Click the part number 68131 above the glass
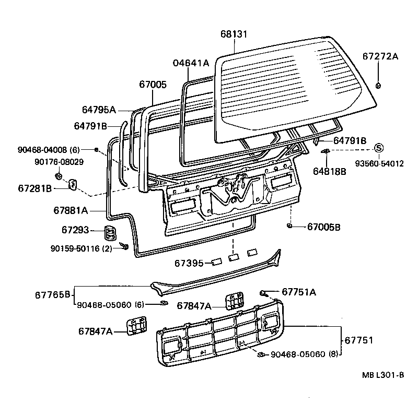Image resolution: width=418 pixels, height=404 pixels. pos(234,34)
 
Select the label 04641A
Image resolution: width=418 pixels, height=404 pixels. pos(191,63)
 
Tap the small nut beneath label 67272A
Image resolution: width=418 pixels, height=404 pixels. pos(378,86)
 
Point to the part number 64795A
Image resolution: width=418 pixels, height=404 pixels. pos(99,110)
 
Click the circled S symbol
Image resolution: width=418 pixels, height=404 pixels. pos(379,149)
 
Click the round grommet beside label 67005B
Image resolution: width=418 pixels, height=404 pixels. pos(289,226)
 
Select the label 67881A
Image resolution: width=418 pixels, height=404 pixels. pos(71,210)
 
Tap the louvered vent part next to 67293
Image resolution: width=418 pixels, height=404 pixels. pos(110,232)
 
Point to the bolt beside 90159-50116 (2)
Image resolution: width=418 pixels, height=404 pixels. pos(124,245)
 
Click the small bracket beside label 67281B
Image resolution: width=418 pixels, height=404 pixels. pos(73,184)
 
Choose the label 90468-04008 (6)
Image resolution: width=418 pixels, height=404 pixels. pos(48,150)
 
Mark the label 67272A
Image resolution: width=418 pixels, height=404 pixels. pos(380,56)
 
